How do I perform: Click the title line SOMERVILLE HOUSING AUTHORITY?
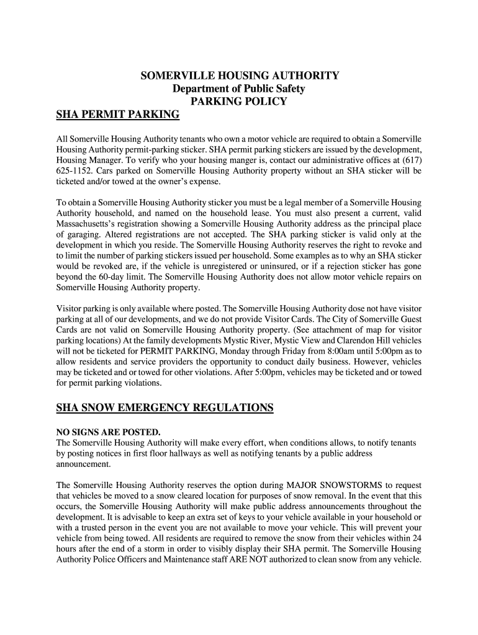pos(240,76)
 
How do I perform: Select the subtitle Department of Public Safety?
pos(239,89)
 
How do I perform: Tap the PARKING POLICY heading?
pos(239,102)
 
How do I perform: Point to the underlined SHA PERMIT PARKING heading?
pos(118,115)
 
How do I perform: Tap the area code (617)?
pos(410,159)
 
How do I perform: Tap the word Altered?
pos(106,234)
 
